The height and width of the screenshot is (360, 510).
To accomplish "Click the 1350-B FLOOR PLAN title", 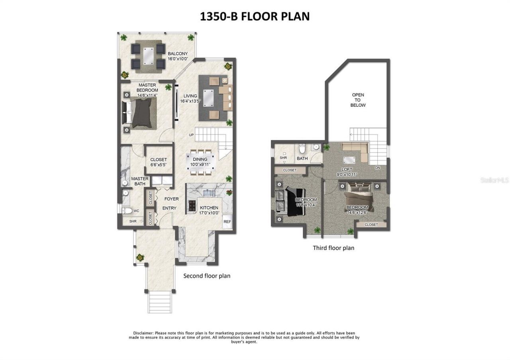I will (x=255, y=16).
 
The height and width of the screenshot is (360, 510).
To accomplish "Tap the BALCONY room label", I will (x=177, y=56).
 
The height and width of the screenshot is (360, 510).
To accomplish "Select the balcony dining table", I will (x=148, y=56).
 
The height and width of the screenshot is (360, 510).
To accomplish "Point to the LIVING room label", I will (x=190, y=98).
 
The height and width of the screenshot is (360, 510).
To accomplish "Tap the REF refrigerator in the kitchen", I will (x=227, y=222).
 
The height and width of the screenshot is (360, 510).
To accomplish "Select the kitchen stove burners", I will (x=192, y=205).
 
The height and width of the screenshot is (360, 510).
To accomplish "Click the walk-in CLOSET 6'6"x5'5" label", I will (x=159, y=162).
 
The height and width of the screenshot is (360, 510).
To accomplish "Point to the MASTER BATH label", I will (x=140, y=181).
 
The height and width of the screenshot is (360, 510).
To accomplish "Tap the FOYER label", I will (x=171, y=199).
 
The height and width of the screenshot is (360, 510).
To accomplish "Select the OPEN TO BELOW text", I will (x=358, y=100).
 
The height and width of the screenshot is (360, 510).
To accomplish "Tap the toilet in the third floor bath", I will (x=302, y=149).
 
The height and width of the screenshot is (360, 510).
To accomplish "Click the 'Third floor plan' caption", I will (x=333, y=248).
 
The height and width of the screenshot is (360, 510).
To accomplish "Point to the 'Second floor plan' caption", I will (x=206, y=276).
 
